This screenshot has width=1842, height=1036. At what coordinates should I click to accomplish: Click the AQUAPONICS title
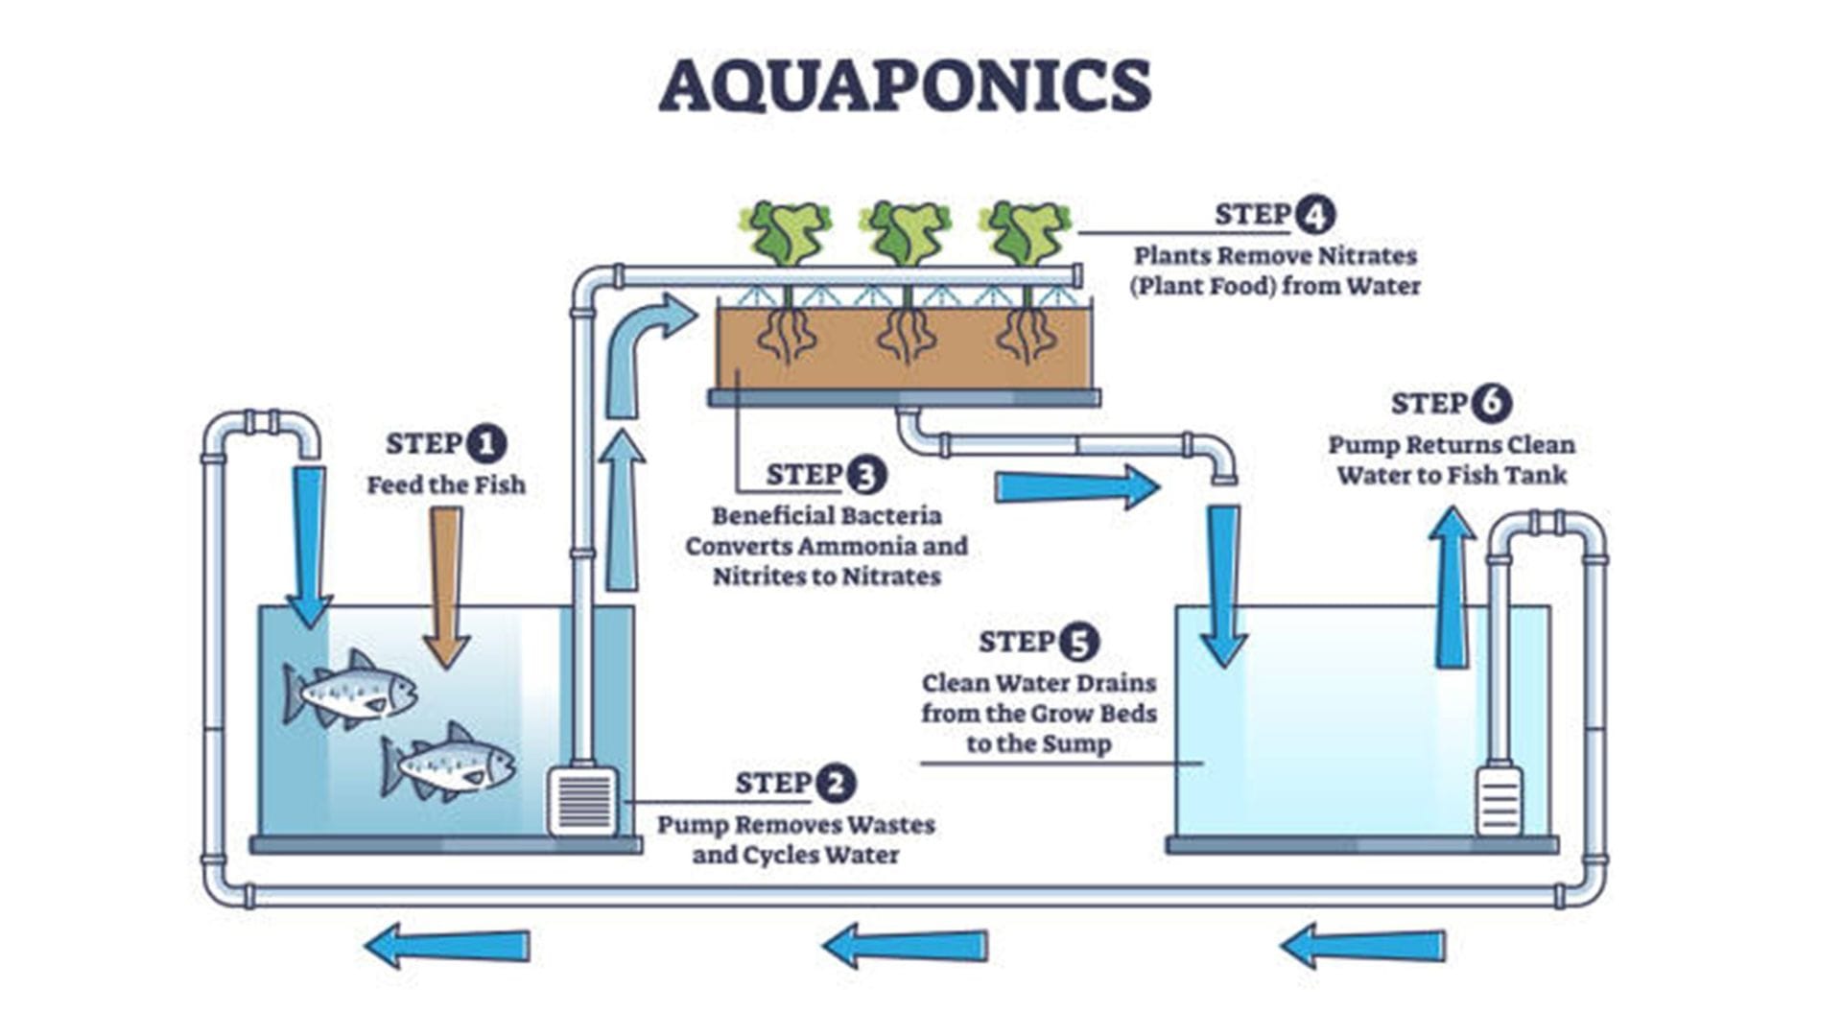pos(905,85)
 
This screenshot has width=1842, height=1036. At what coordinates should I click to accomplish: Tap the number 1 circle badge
pos(486,444)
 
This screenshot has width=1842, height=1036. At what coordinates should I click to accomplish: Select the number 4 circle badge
pos(1313,214)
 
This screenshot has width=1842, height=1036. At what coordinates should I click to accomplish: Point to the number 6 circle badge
pos(1491,403)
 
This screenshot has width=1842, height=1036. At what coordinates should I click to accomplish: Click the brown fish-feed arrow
pos(446,585)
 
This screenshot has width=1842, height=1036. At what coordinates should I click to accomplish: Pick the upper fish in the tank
pos(350,689)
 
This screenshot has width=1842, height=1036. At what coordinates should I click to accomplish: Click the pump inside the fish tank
pos(582,801)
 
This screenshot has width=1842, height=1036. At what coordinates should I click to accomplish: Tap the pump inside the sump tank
pos(1499,800)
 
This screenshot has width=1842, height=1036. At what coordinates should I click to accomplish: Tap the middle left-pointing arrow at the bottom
pos(906,946)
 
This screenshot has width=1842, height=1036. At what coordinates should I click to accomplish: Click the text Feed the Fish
pos(446,485)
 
